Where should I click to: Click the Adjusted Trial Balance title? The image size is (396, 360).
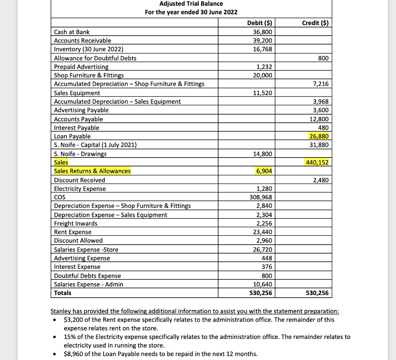[191, 3]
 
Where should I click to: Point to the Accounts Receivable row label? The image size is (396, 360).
[82, 41]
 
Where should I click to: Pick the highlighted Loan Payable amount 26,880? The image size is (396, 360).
[319, 136]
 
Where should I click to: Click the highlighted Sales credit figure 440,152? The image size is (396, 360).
[317, 163]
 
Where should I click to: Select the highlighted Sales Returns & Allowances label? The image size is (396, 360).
[92, 171]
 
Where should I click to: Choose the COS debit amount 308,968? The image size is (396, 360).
[261, 197]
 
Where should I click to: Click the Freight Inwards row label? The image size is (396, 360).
[76, 223]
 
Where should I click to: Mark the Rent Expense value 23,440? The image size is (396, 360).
[263, 232]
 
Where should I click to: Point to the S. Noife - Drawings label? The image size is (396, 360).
[80, 154]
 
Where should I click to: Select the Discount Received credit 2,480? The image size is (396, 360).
[321, 180]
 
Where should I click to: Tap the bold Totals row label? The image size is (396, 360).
[63, 293]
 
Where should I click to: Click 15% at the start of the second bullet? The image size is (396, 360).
[69, 337]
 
